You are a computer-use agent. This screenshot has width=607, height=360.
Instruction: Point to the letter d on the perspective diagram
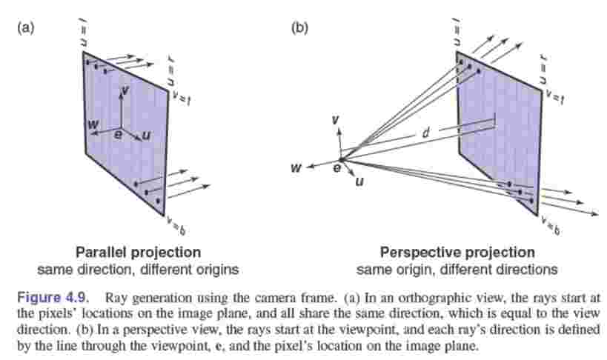pyautogui.click(x=425, y=133)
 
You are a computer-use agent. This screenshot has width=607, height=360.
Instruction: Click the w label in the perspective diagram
pyautogui.click(x=296, y=169)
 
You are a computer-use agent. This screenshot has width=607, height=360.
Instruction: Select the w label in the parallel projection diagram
pyautogui.click(x=93, y=124)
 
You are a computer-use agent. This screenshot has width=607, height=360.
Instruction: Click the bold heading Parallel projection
pyautogui.click(x=139, y=252)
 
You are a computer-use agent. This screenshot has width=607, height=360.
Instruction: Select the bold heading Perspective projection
pyautogui.click(x=457, y=252)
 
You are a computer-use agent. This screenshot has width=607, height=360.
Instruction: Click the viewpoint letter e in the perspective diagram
pyautogui.click(x=336, y=170)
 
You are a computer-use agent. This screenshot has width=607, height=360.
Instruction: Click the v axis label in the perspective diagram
pyautogui.click(x=335, y=120)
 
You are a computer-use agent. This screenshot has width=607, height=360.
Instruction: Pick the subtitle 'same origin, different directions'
pyautogui.click(x=457, y=268)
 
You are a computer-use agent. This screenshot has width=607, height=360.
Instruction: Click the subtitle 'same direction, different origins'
pyautogui.click(x=139, y=268)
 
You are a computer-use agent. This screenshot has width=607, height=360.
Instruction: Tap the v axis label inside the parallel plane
pyautogui.click(x=126, y=89)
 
